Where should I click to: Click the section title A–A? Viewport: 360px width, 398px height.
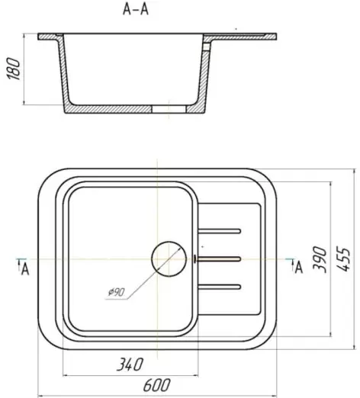pos(136,10)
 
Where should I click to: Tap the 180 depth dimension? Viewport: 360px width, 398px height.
pos(14,69)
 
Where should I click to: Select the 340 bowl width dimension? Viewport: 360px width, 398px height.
pos(130,364)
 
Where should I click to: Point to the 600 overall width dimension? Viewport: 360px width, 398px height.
pos(156,385)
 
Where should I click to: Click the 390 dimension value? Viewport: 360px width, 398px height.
pos(320,259)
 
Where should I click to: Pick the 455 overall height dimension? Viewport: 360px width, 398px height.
pos(343,258)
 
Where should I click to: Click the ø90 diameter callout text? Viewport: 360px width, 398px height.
pos(117,292)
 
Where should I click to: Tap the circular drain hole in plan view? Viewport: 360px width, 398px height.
pos(169,258)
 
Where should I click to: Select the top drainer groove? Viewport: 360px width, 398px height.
pos(219,231)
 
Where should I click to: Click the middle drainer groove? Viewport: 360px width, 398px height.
pos(219,259)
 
